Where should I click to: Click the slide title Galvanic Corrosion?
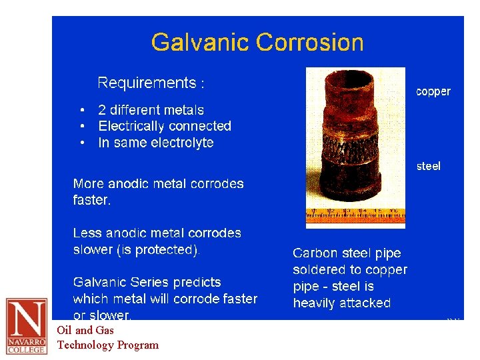click(x=257, y=43)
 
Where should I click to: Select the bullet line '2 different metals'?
click(x=151, y=110)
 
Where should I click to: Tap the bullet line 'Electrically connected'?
click(x=165, y=126)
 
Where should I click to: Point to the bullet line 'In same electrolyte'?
click(x=156, y=143)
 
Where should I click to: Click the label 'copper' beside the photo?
click(x=433, y=92)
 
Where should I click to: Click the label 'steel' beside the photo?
click(x=428, y=166)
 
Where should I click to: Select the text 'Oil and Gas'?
click(x=85, y=330)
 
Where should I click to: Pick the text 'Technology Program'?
click(x=108, y=345)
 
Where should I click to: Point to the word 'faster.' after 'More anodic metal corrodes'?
click(x=91, y=200)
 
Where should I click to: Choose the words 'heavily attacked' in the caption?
click(x=342, y=303)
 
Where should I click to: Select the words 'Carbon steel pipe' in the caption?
click(x=347, y=253)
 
